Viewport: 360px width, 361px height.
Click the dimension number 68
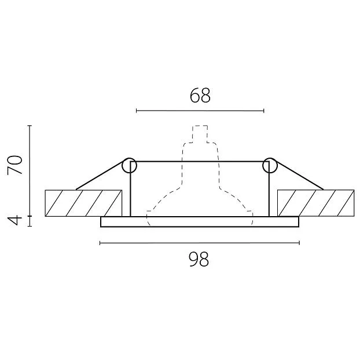click(200, 95)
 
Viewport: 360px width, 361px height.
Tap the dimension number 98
click(199, 259)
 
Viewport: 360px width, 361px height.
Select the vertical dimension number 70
click(15, 165)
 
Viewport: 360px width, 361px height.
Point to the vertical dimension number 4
click(15, 221)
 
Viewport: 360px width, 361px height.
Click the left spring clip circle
click(129, 165)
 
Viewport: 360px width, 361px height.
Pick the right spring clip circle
click(270, 165)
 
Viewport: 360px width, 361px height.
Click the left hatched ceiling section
click(83, 203)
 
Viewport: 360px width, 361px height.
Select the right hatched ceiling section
click(315, 203)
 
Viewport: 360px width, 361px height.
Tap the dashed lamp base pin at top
click(200, 134)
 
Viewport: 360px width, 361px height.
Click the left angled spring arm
click(100, 176)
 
